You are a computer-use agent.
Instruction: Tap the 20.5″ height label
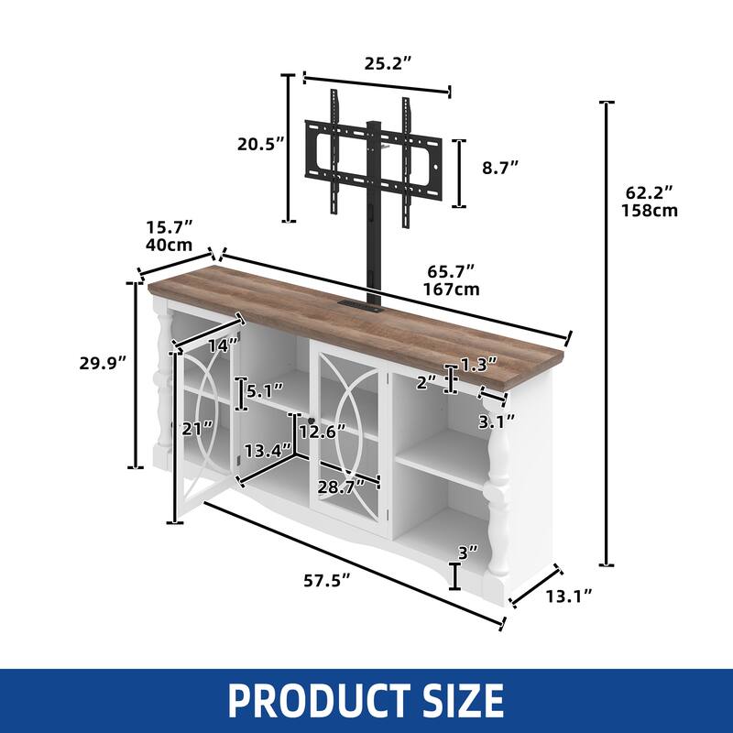click(258, 144)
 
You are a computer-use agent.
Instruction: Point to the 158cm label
click(651, 210)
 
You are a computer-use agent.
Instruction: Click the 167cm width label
click(452, 290)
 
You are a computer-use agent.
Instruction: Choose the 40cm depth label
click(169, 245)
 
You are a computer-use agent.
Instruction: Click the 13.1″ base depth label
click(568, 596)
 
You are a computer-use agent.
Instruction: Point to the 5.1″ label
click(266, 392)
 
